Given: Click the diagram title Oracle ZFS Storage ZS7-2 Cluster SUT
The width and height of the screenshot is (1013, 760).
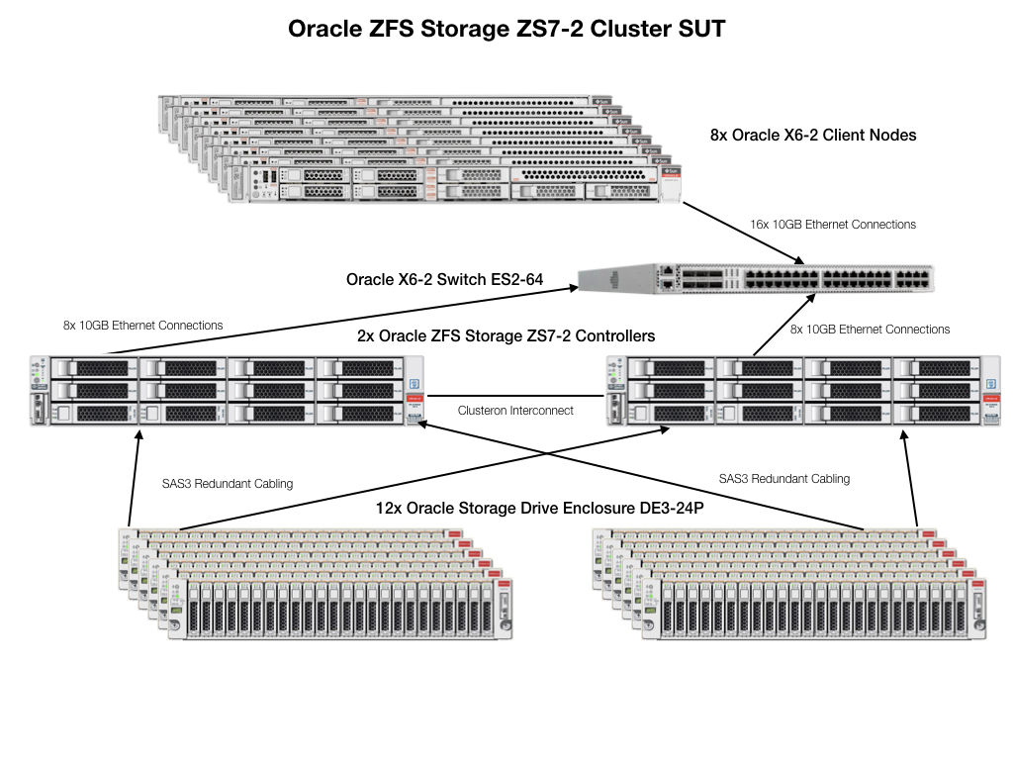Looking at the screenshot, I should point(506,29).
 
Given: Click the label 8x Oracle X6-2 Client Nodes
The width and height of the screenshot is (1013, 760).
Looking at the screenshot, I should point(813,135).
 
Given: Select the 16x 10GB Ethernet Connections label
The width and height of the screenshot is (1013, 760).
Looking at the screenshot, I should point(833,225).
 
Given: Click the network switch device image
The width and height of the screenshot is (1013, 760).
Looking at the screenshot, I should point(757,279).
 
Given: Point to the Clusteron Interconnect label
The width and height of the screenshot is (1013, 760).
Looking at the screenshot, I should point(515,410).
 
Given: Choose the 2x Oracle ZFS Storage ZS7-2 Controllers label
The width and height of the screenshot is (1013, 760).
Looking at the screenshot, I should point(506,336).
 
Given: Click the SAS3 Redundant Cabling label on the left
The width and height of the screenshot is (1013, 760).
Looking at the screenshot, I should point(228,484).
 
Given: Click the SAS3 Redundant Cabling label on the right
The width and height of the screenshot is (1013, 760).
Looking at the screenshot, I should point(784,479).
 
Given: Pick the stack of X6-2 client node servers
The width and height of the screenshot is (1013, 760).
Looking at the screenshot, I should point(425,148).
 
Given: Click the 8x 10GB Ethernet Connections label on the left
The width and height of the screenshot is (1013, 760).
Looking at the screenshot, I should point(142,325).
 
